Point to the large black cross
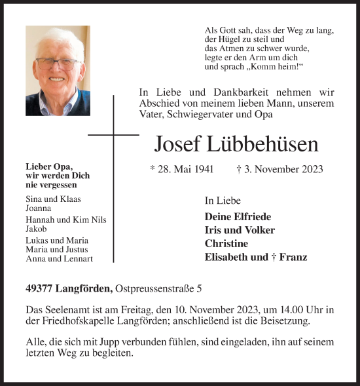coord(113,136)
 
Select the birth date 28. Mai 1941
coord(182,169)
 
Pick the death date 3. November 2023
coord(279,169)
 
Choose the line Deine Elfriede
coord(238,216)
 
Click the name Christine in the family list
coord(226,243)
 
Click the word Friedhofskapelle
coord(76,322)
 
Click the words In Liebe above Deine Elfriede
coord(223,201)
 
